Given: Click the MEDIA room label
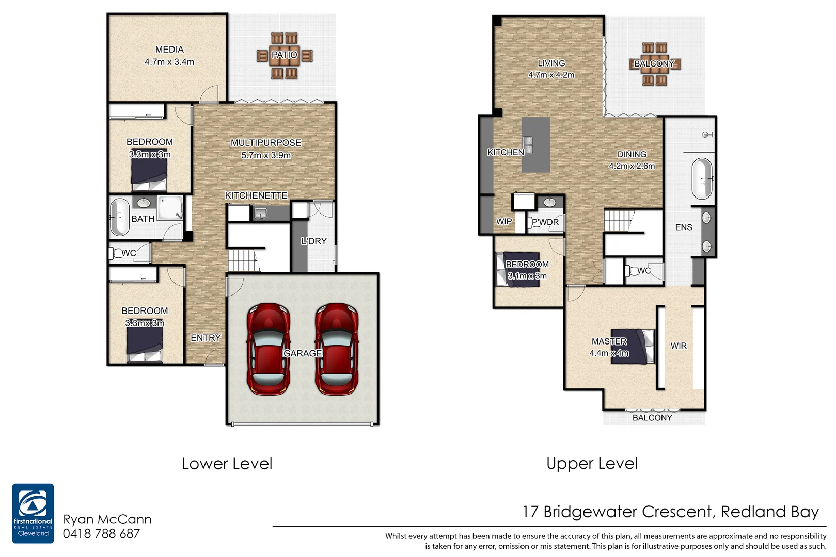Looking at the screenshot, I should coord(169,50).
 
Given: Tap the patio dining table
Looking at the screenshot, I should coord(284,55).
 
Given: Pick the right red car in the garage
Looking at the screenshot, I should coord(337,349).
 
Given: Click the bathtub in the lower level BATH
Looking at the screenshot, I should coord(120,217).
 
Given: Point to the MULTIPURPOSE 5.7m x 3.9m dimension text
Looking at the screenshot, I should coord(266,155).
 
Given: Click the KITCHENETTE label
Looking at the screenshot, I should coord(256,195).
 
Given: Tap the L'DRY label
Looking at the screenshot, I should coord(314,241).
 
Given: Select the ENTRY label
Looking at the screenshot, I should coord(206,338).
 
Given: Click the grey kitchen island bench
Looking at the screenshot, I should coord(535,144).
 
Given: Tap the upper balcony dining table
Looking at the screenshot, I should coord(654,63).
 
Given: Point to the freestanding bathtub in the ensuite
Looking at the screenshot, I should coord(702,179).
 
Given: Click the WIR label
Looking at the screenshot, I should coord(679,346).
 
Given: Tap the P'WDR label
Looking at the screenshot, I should coord(545,222).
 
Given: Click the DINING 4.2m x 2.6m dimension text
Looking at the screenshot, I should coord(632,166).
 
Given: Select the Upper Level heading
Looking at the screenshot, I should coord(592,464).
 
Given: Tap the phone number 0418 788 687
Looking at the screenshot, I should coord(101,534).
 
